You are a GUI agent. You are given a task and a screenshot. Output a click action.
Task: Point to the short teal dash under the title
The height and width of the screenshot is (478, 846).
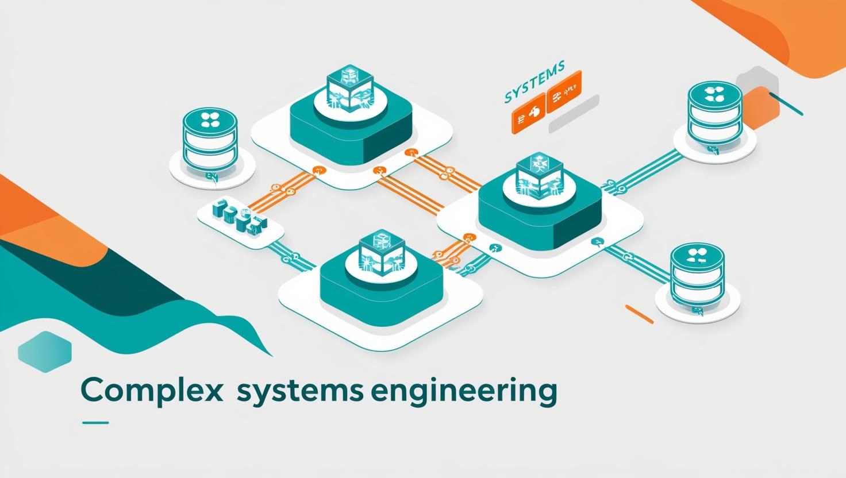coord(95,423)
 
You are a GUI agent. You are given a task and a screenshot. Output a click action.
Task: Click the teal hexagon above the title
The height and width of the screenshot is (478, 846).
coord(45,348)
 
